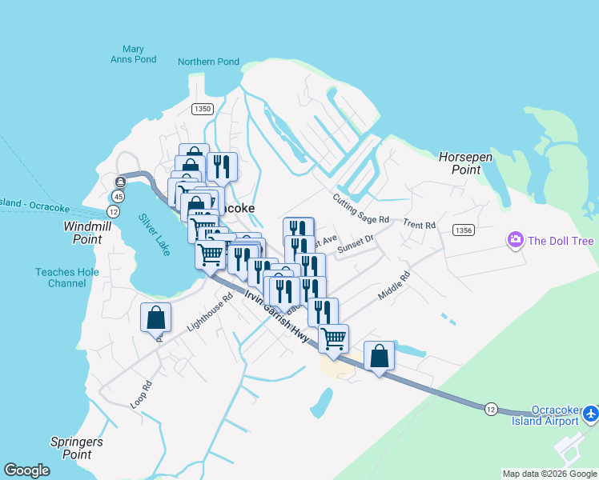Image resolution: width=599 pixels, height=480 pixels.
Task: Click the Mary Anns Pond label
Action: coord(128,54)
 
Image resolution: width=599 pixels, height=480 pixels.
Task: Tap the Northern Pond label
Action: coord(208,62)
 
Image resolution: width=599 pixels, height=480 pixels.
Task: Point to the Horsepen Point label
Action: coord(465,163)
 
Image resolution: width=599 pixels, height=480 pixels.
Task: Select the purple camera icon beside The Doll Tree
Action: coord(515,239)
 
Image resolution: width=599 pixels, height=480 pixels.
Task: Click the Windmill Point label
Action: coord(83,233)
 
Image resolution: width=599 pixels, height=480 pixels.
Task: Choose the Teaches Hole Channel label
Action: coord(61,278)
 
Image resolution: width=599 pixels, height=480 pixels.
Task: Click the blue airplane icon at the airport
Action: coord(591,413)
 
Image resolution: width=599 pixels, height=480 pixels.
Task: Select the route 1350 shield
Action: coord(202,109)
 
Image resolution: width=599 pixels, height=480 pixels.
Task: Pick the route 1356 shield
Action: coord(462,230)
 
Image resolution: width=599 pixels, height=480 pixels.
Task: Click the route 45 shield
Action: coord(119,196)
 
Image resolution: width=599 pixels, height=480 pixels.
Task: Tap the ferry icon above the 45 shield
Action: coord(120,182)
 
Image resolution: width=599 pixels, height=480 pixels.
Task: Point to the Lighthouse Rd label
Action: coord(209,312)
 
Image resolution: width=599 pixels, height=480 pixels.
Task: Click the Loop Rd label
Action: coord(141,395)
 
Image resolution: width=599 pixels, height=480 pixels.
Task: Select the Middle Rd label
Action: coord(394,286)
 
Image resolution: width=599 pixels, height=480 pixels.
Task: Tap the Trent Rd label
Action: coord(419,225)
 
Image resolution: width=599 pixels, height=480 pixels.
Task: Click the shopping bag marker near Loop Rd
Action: coord(155,318)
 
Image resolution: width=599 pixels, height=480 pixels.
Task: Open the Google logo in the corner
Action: coord(27,470)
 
